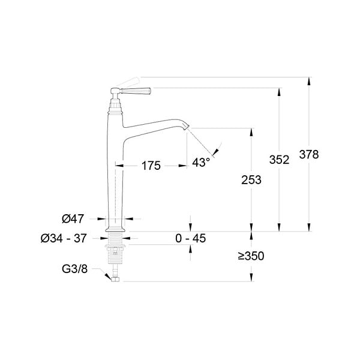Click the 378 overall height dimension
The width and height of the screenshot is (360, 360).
pos(309,154)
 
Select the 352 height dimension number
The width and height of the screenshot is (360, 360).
pos(279,160)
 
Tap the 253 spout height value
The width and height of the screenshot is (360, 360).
pos(251,180)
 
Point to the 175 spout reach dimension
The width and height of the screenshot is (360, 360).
pos(151,166)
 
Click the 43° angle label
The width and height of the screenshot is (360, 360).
pos(201,163)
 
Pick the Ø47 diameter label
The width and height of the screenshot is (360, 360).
pos(73,219)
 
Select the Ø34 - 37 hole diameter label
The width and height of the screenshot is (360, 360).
pos(64,238)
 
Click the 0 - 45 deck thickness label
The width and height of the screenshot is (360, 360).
pos(191,238)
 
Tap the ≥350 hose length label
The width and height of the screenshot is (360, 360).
pos(251,256)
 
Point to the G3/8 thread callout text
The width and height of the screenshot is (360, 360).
pos(75,269)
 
